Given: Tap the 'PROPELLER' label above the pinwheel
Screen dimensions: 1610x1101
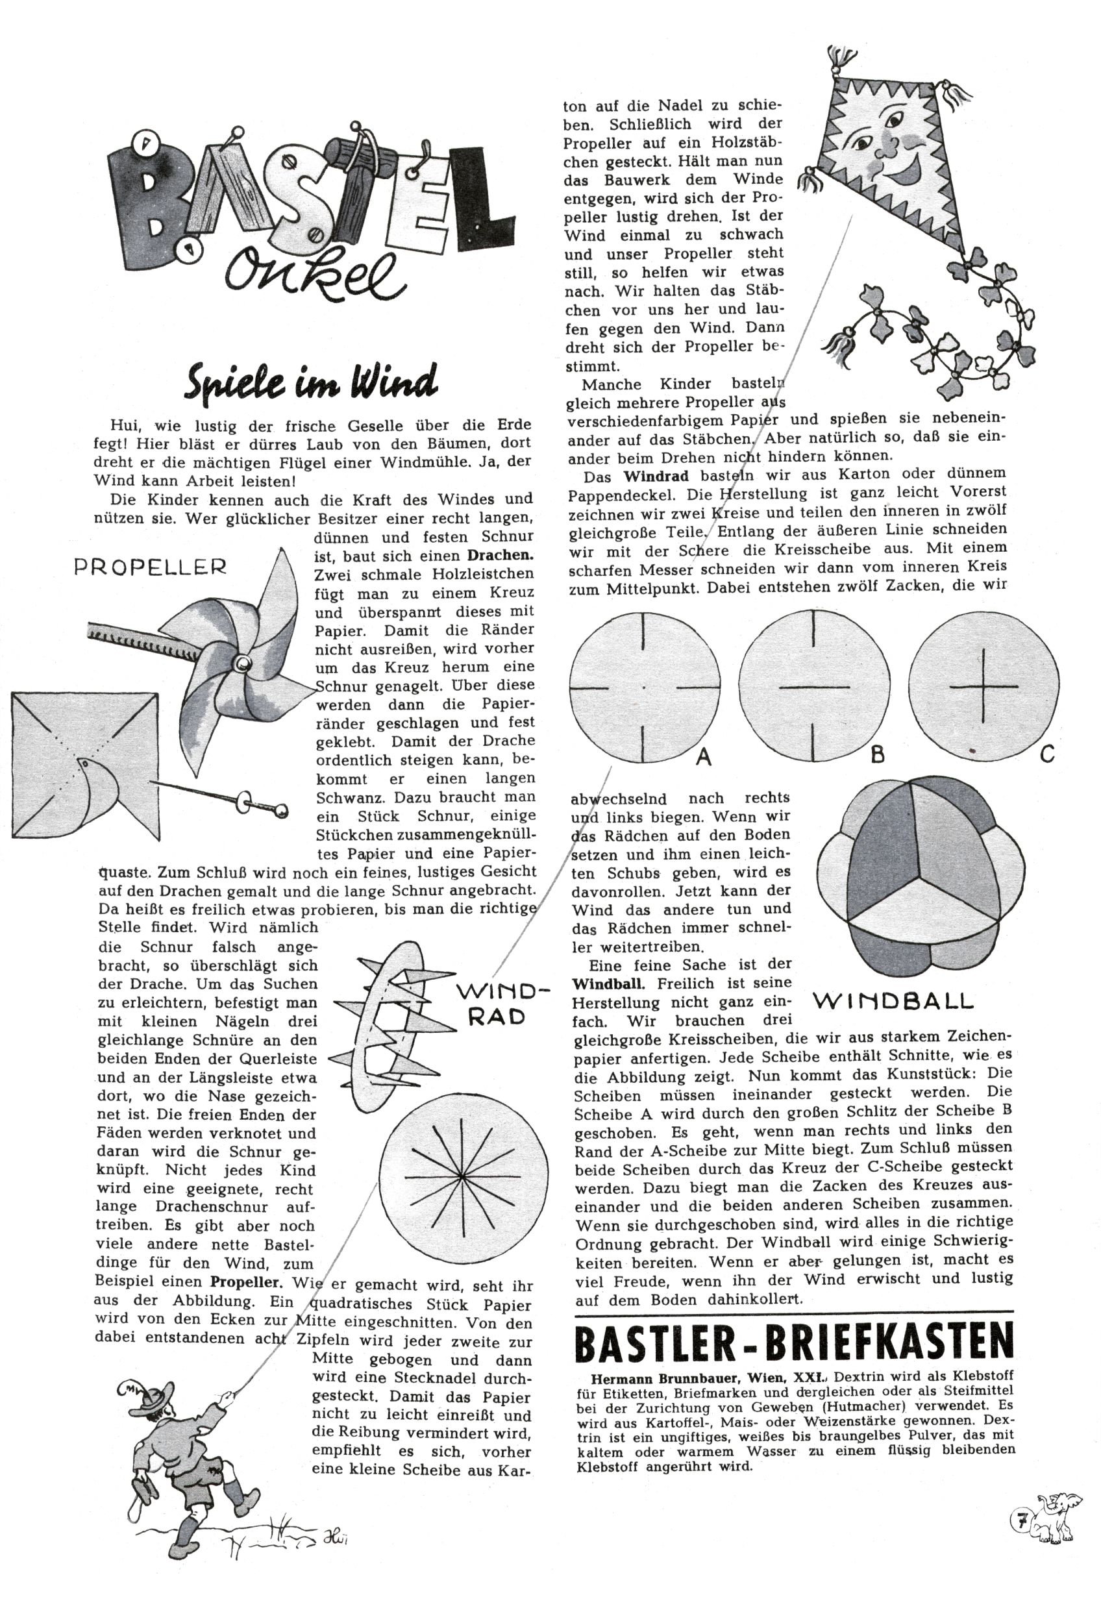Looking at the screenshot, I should point(150,567).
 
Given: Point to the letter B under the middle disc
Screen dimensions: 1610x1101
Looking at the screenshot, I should point(877,754).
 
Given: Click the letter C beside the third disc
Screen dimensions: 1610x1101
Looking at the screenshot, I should point(1047,752).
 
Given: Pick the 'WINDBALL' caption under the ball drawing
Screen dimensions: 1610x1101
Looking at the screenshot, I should point(893,1000).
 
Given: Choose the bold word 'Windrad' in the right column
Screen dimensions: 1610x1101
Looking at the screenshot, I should point(656,477).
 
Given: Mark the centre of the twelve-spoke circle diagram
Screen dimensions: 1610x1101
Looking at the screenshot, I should point(462,1176).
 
